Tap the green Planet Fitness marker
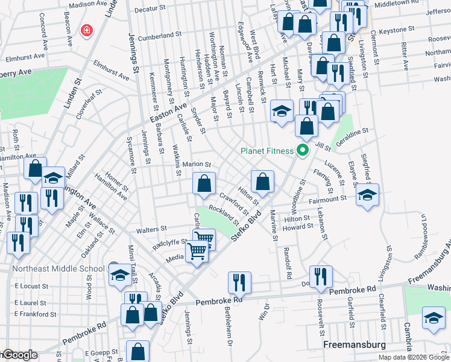click(x=303, y=150)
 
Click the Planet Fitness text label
click(x=267, y=151)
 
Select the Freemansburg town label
click(x=350, y=346)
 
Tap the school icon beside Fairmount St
click(x=367, y=194)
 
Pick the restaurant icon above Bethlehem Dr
click(x=239, y=281)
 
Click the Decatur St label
click(x=150, y=9)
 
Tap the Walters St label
click(x=151, y=229)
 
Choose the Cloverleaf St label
click(x=86, y=113)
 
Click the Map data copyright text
click(x=414, y=357)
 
